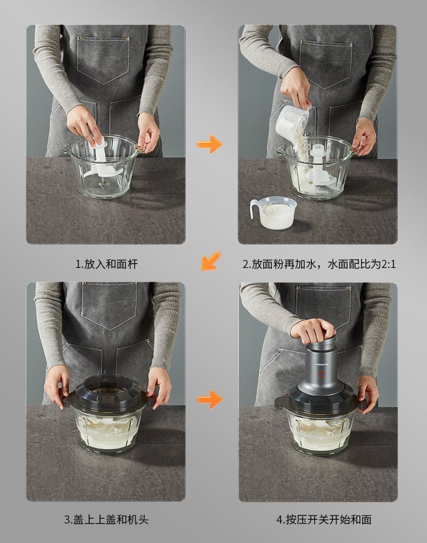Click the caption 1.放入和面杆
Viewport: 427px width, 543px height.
(106, 264)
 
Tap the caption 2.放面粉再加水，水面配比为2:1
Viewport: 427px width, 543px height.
(319, 264)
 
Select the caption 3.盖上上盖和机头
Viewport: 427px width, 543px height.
(106, 519)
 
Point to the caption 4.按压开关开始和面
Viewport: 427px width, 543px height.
(324, 519)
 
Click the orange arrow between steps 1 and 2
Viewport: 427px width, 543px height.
(210, 144)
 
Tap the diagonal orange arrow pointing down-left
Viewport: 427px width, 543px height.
(211, 261)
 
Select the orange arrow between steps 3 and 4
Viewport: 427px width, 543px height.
(210, 399)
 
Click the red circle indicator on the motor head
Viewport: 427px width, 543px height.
(322, 374)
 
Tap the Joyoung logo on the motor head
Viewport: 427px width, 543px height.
(322, 364)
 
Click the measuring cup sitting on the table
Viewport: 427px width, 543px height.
(273, 213)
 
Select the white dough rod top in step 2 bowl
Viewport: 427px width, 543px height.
(317, 151)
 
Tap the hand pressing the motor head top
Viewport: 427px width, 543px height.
(313, 331)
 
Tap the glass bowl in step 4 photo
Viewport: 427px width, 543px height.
(321, 431)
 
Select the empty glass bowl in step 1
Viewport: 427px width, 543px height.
(103, 166)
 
